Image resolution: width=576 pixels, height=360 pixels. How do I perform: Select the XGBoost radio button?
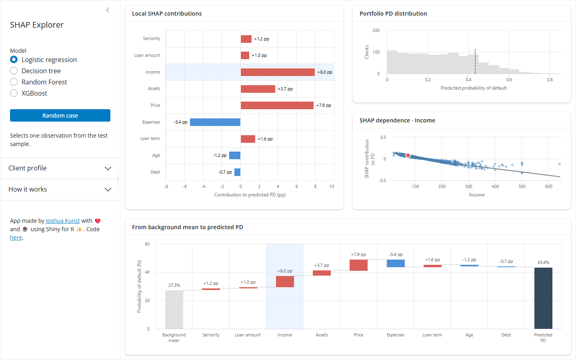(14, 93)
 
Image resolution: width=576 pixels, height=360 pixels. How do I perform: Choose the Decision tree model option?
(14, 71)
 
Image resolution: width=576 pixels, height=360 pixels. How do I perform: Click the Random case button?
(60, 116)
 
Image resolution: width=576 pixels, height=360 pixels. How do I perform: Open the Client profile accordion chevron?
(108, 168)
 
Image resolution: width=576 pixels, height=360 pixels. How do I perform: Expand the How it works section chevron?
(108, 190)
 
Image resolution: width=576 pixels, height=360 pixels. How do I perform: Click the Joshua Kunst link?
(63, 221)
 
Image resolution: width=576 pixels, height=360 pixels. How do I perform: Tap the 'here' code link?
(16, 237)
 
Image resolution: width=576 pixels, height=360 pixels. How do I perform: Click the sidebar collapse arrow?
(108, 10)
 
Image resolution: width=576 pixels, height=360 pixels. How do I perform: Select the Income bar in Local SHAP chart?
(278, 72)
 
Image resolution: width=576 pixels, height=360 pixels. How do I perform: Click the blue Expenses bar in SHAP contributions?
(215, 122)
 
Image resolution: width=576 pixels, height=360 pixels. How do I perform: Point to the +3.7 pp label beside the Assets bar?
(285, 89)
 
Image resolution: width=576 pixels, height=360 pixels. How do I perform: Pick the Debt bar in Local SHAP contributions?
(237, 172)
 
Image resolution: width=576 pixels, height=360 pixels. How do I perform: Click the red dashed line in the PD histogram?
(475, 61)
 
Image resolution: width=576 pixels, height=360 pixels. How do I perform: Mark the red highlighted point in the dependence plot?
(408, 155)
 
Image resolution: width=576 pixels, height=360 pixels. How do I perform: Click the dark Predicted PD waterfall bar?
(543, 298)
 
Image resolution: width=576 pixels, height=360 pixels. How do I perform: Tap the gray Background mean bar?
(174, 310)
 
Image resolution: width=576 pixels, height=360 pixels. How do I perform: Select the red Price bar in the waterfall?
(358, 265)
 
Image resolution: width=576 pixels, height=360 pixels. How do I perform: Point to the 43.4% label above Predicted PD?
(543, 262)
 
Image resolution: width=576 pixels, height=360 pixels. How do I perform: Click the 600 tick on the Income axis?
(548, 186)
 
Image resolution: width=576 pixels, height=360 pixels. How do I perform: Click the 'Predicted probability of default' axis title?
(474, 88)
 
